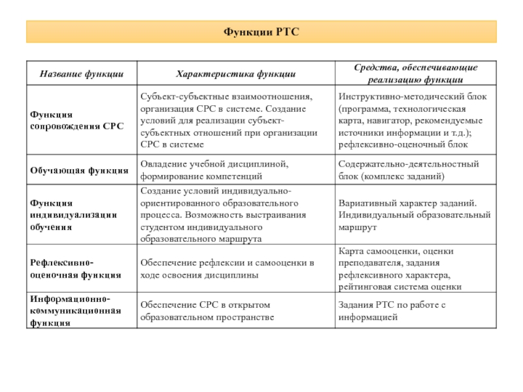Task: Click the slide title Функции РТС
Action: (x=261, y=31)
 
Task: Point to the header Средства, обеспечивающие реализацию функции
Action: (x=415, y=74)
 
